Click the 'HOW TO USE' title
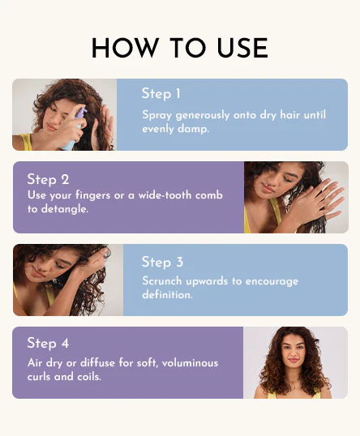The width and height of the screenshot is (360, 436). [x=180, y=48]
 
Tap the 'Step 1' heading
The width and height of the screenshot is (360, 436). [x=161, y=94]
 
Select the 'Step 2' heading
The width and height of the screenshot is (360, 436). [x=48, y=179]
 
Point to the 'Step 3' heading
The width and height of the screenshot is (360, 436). [x=162, y=262]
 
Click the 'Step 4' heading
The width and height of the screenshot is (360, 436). [x=48, y=343]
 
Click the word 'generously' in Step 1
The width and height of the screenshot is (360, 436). [x=203, y=115]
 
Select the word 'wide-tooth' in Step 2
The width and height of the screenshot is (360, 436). [x=165, y=195]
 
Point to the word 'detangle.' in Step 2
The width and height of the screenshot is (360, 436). [x=65, y=209]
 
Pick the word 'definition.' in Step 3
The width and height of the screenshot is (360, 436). [x=167, y=295]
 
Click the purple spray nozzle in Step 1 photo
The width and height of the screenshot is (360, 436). [x=82, y=113]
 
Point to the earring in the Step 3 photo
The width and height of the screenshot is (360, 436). [x=55, y=281]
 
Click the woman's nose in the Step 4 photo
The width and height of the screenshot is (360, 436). [x=294, y=353]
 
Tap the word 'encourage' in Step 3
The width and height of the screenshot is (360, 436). [x=272, y=281]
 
